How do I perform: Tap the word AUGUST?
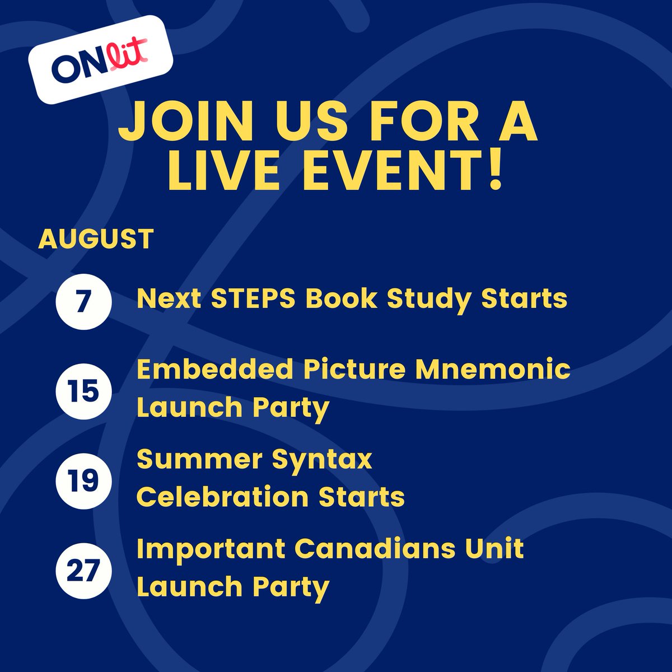tap(96, 239)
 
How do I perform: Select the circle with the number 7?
tap(84, 302)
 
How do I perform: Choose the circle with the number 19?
tap(84, 480)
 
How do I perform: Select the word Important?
tap(211, 549)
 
